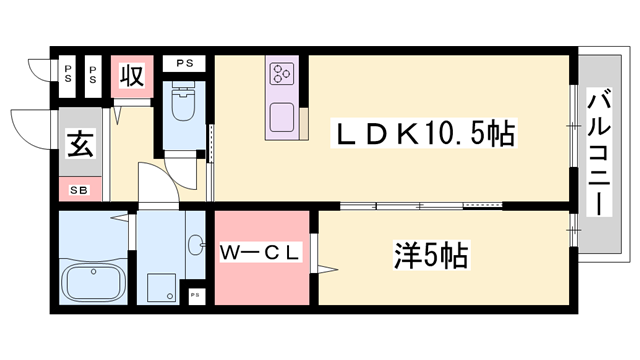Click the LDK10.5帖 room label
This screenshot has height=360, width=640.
(x=424, y=133)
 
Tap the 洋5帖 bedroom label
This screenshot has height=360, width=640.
(x=431, y=256)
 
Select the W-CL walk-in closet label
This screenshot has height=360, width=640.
(x=260, y=253)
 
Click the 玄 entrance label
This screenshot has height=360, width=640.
(x=80, y=144)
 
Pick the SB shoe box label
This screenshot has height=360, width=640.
(x=79, y=190)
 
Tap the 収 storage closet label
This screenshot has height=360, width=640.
(x=132, y=76)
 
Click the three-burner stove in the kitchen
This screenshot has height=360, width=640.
(x=282, y=73)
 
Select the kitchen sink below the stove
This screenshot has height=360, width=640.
(x=281, y=117)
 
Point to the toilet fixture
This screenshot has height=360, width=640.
(x=183, y=101)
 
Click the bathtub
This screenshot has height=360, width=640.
(x=93, y=282)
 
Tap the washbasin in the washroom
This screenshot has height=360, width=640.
(x=196, y=244)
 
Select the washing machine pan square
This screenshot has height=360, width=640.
(x=162, y=287)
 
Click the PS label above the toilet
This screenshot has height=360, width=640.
(x=184, y=64)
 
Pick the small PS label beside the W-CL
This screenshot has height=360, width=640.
(x=195, y=295)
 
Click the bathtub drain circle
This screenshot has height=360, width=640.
(x=93, y=271)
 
